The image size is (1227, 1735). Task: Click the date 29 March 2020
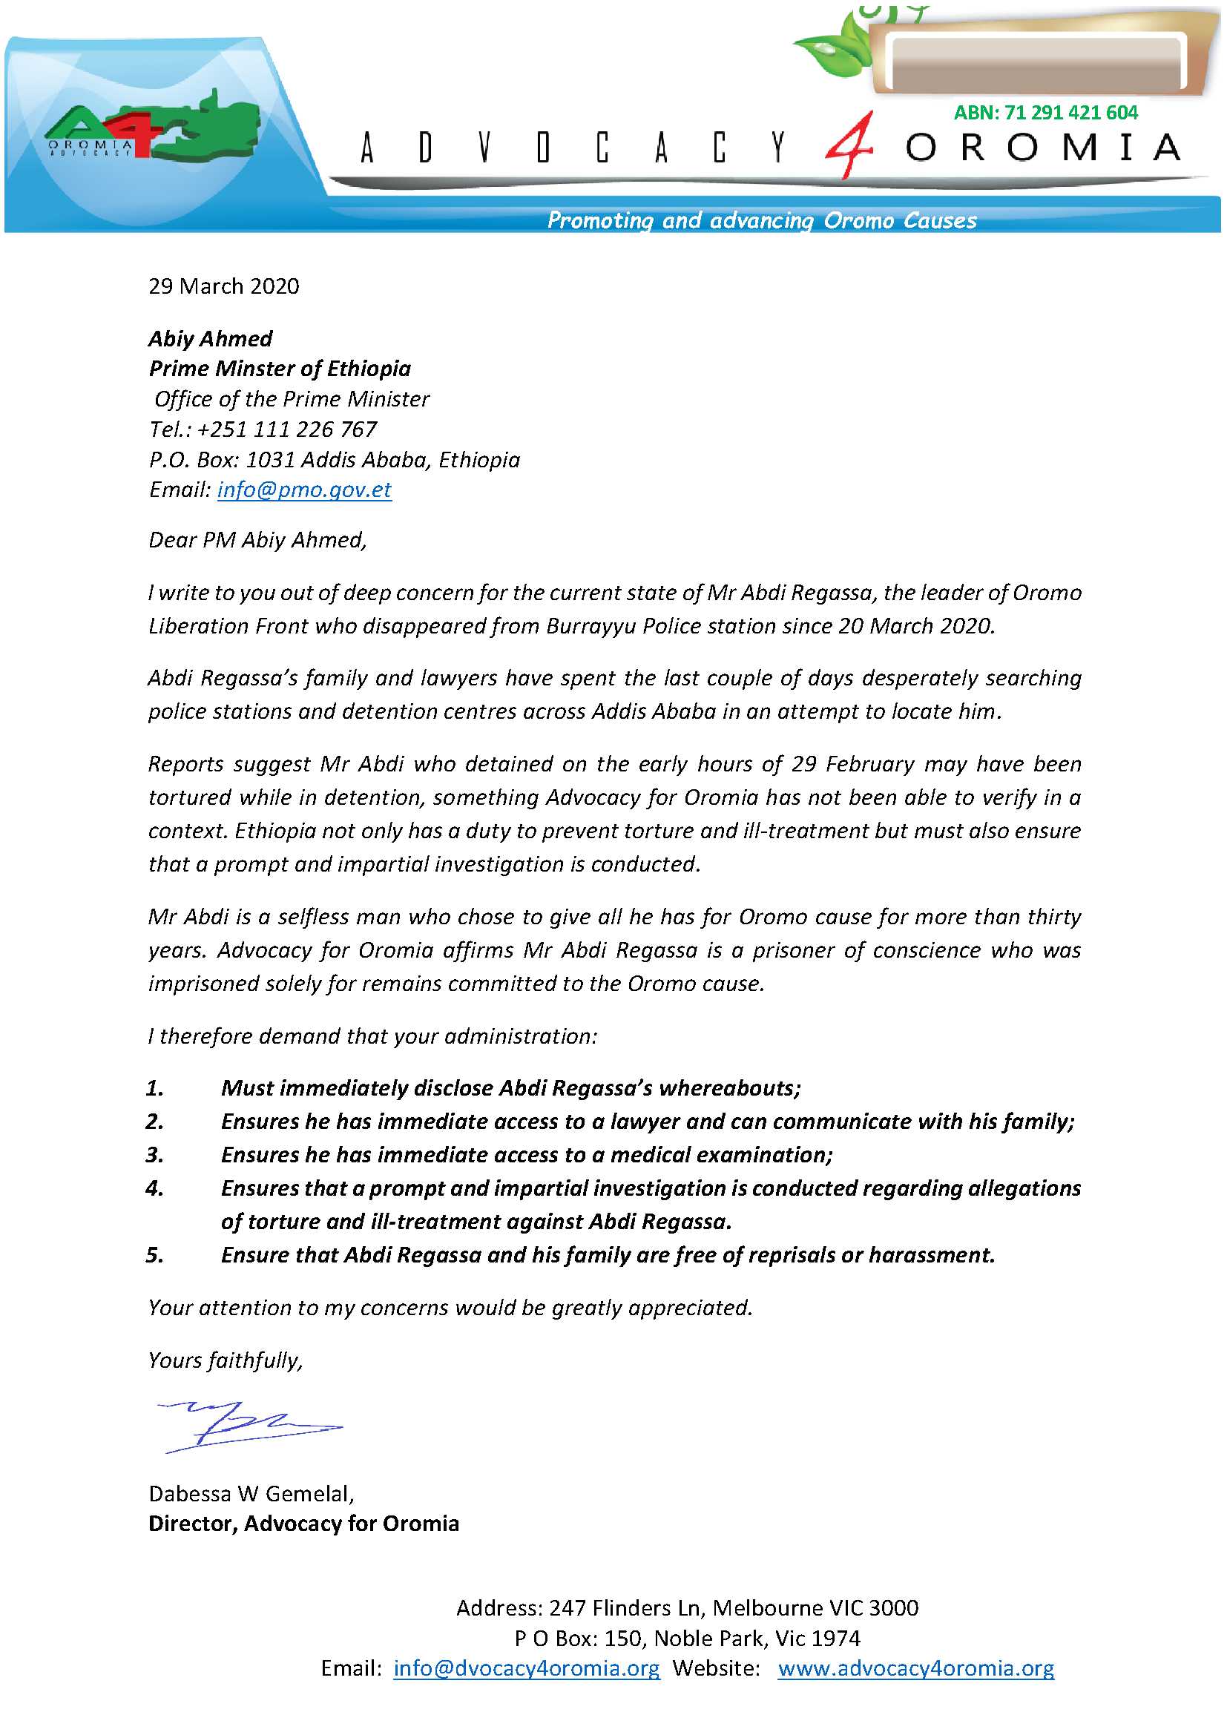point(223,286)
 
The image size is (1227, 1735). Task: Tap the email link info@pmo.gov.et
point(304,490)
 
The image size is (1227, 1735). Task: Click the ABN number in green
point(1045,113)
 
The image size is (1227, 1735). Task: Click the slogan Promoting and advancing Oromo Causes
point(762,220)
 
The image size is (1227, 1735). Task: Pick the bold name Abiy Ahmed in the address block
point(211,338)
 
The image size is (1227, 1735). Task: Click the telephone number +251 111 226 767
point(287,429)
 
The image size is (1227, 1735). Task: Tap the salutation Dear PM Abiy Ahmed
point(257,539)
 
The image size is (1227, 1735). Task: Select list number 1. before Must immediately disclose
point(155,1088)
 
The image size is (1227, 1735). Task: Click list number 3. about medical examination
point(155,1155)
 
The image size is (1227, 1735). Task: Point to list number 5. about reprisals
point(155,1255)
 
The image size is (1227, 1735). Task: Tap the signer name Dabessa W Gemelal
point(251,1494)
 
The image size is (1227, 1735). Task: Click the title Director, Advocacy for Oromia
point(303,1524)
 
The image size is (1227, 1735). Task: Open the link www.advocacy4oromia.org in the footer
point(915,1668)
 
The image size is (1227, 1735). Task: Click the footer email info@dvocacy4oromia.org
point(527,1668)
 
